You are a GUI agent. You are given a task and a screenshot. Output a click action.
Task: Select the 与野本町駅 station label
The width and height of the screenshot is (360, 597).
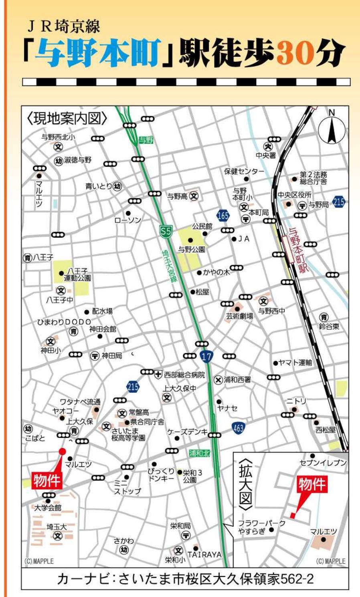[x=299, y=250]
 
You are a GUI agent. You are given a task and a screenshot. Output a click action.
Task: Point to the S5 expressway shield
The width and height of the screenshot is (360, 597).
[x=166, y=231]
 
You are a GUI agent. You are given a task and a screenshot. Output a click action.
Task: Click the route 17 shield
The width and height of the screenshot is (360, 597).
[x=206, y=357]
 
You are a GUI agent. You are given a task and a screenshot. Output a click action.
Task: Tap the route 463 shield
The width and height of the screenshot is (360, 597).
[x=238, y=428]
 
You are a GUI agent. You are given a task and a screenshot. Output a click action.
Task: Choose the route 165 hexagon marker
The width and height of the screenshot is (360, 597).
[x=223, y=216]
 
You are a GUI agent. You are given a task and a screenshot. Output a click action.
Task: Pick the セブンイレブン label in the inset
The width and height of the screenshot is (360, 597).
[x=323, y=463]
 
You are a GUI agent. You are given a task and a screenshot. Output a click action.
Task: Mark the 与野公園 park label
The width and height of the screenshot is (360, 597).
[x=192, y=249]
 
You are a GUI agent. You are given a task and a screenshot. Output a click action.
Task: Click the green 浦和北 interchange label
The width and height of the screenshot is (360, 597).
[x=199, y=453]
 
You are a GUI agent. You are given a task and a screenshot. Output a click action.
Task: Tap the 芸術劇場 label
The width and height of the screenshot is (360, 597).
[x=239, y=316]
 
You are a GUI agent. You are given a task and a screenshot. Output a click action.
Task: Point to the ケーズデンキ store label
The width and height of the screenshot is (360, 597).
[x=188, y=432]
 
